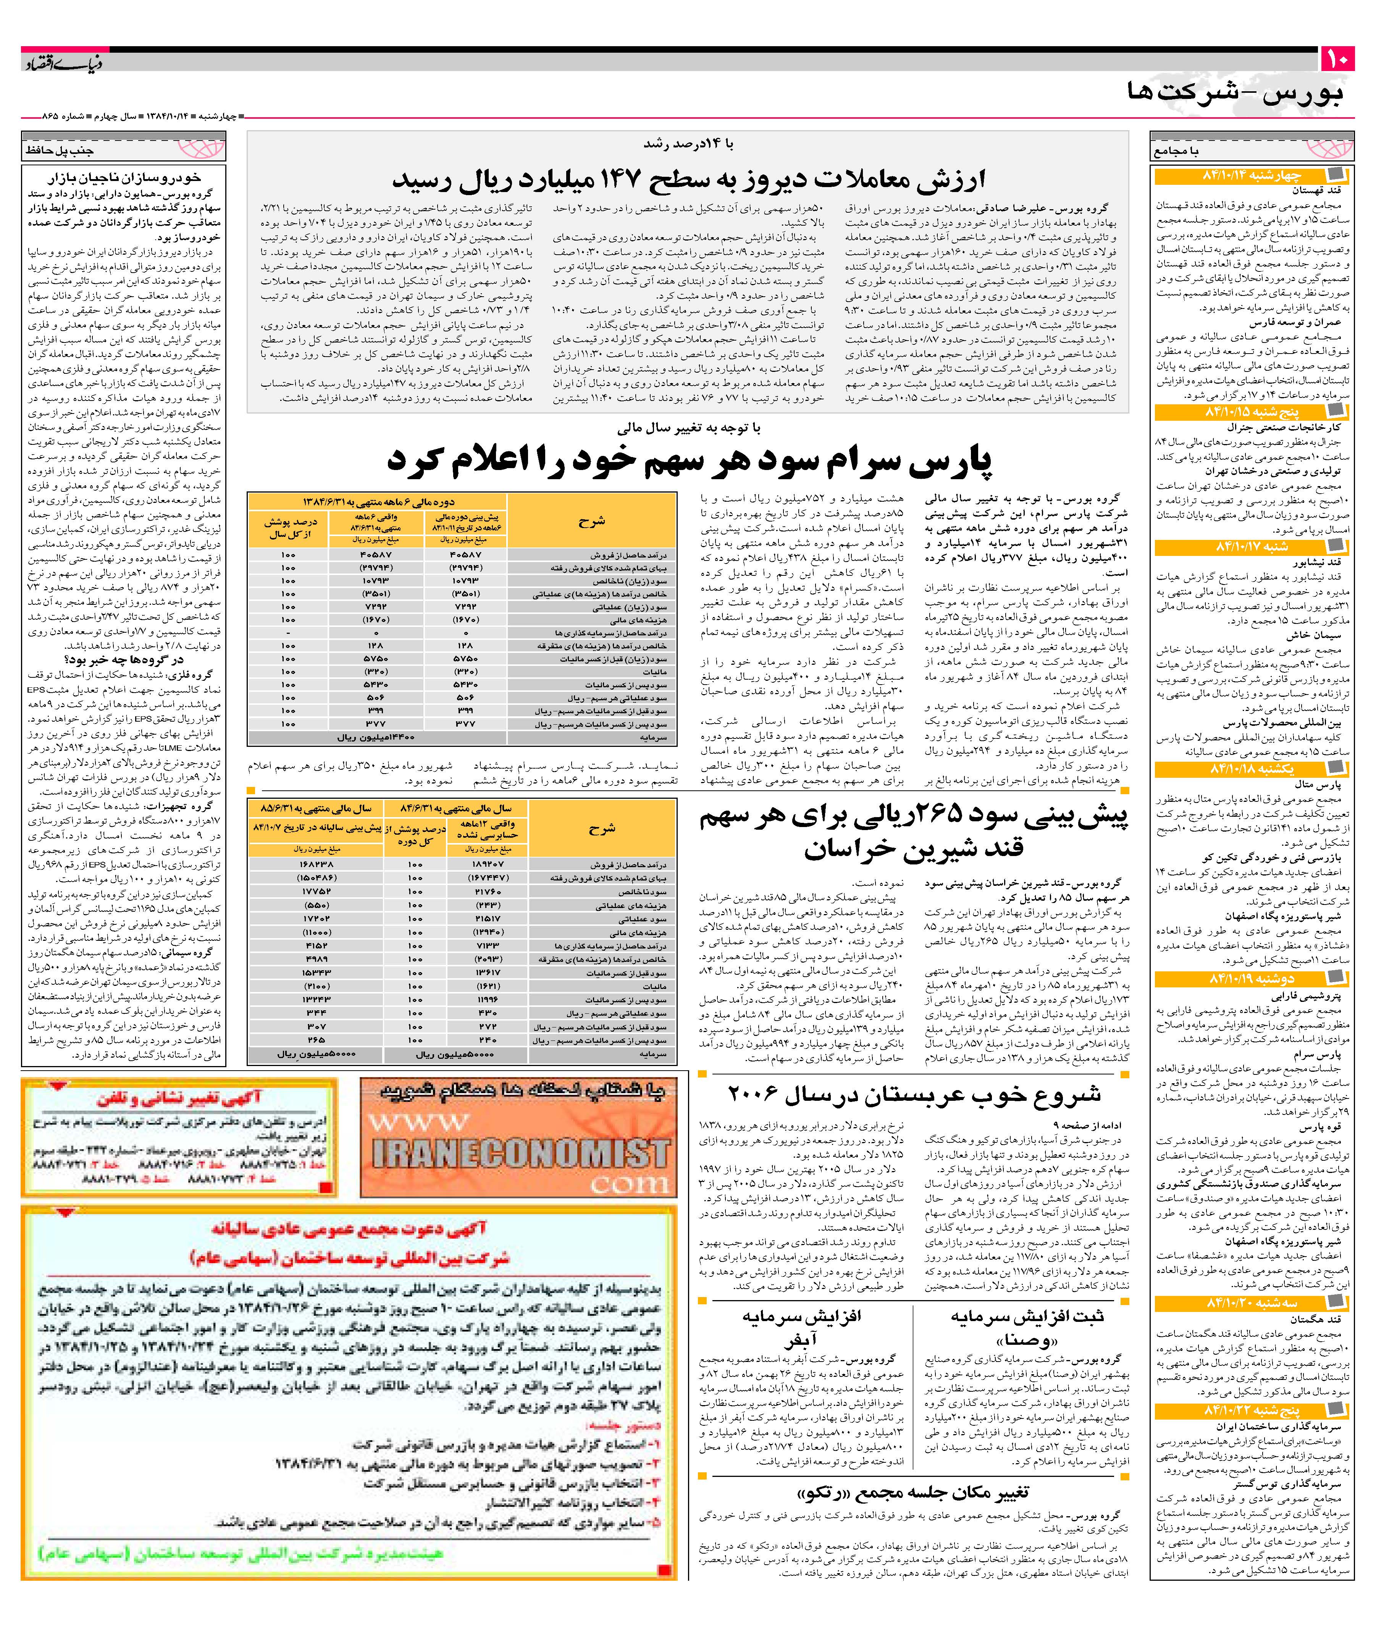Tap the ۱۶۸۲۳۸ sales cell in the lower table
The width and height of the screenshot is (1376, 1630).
pyautogui.click(x=316, y=864)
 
